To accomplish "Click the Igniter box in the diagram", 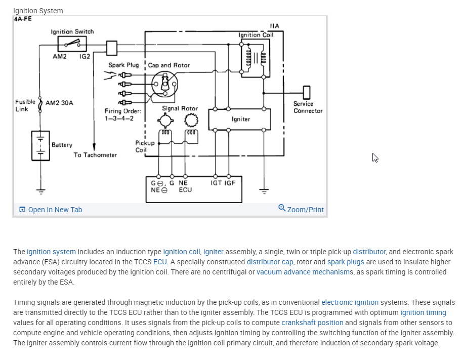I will tap(240, 119).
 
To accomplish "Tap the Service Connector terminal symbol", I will tap(306, 93).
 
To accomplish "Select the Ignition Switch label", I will tap(72, 31).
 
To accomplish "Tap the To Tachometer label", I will tap(95, 155).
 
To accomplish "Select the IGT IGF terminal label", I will tap(223, 182).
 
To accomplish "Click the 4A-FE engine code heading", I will tap(23, 19).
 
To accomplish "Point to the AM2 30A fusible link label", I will tap(59, 103).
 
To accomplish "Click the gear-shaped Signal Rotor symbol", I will tap(191, 121).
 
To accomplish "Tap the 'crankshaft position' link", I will tap(312, 323).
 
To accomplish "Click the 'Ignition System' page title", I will tap(38, 10).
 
